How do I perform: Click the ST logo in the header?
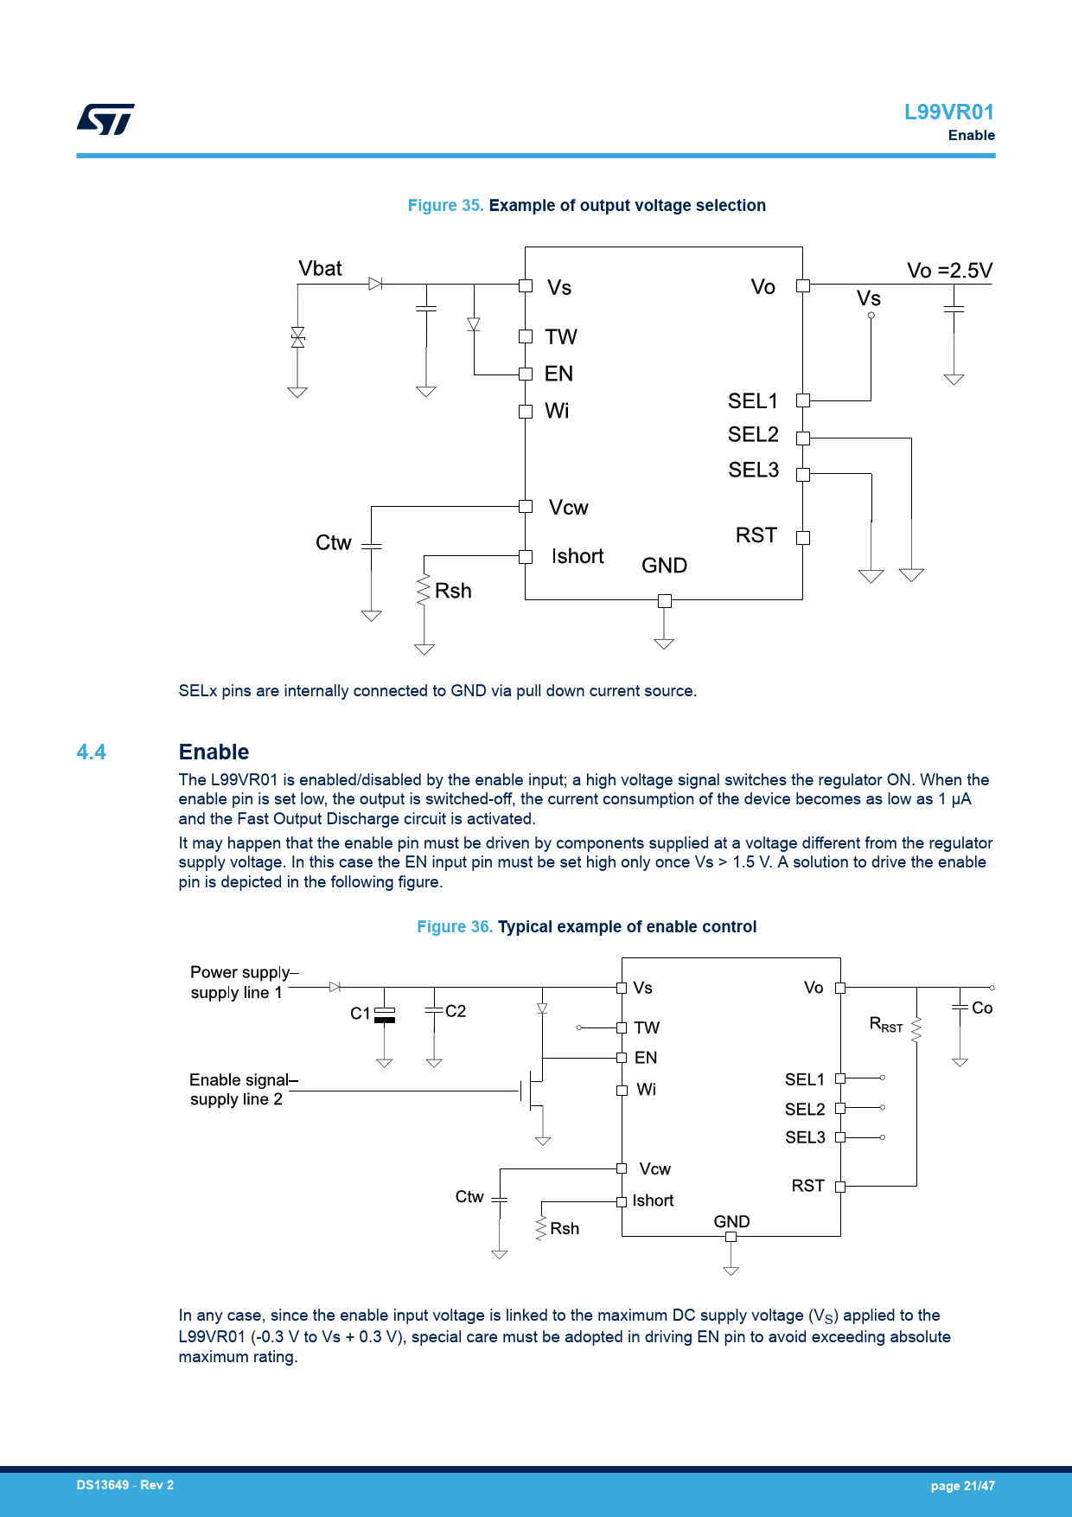[105, 119]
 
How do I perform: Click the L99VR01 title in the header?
[949, 112]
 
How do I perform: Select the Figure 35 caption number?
[445, 206]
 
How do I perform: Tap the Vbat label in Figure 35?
[320, 268]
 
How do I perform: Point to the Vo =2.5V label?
[949, 271]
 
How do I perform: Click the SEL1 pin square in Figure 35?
[803, 400]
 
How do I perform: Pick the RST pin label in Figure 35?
[756, 535]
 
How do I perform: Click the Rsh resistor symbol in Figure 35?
[424, 591]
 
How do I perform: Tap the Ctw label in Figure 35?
[334, 542]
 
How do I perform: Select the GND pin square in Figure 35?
[664, 600]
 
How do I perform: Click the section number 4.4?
[92, 752]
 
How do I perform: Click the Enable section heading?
[214, 752]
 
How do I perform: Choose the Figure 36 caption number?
[455, 927]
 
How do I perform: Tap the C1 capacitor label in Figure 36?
[361, 1014]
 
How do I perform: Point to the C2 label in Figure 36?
[456, 1011]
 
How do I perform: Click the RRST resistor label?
[886, 1025]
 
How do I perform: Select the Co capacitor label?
[982, 1008]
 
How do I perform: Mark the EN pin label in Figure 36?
[646, 1058]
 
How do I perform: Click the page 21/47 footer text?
[962, 1486]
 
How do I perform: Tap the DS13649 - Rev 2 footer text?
[125, 1485]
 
